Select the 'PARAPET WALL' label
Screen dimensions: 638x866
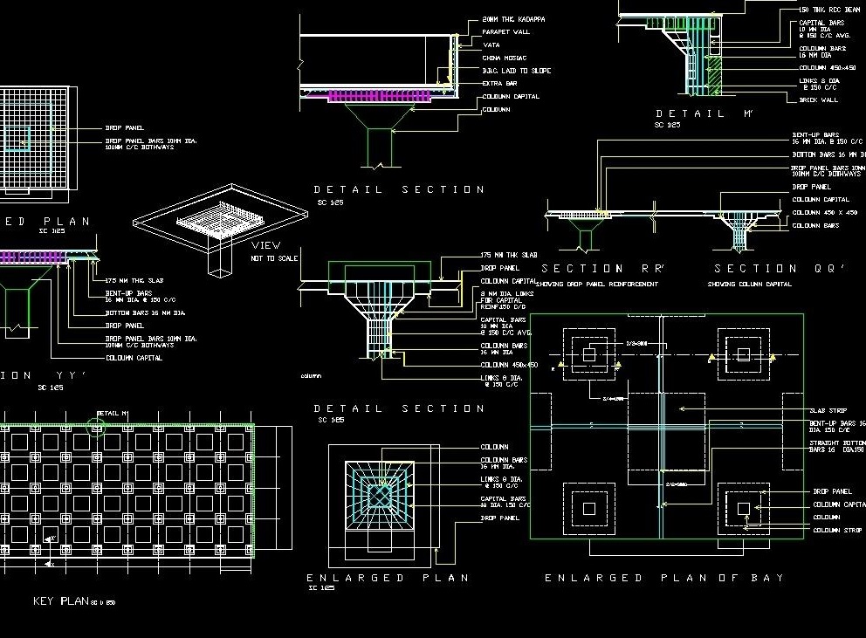(505, 32)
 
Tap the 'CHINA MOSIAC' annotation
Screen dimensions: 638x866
(505, 58)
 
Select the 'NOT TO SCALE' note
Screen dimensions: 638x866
(274, 258)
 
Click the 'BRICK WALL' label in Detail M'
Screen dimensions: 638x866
(818, 100)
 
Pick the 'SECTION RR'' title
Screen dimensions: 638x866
(595, 269)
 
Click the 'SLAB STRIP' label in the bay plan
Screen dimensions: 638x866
(828, 410)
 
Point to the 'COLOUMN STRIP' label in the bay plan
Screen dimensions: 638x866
(836, 530)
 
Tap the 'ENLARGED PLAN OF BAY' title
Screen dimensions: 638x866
(663, 578)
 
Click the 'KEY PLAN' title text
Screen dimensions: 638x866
(61, 601)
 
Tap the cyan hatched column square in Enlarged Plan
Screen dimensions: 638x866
(380, 496)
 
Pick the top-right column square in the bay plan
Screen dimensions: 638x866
(743, 353)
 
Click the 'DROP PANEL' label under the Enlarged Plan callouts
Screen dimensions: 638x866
(499, 518)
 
